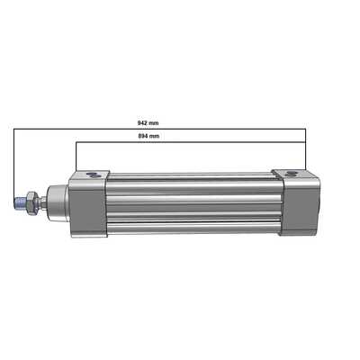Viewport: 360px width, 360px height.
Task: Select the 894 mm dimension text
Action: (148, 137)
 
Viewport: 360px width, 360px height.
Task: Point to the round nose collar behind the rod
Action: (55, 203)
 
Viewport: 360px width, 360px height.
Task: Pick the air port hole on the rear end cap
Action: (289, 171)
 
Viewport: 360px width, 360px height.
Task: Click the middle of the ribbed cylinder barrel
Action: (193, 203)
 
